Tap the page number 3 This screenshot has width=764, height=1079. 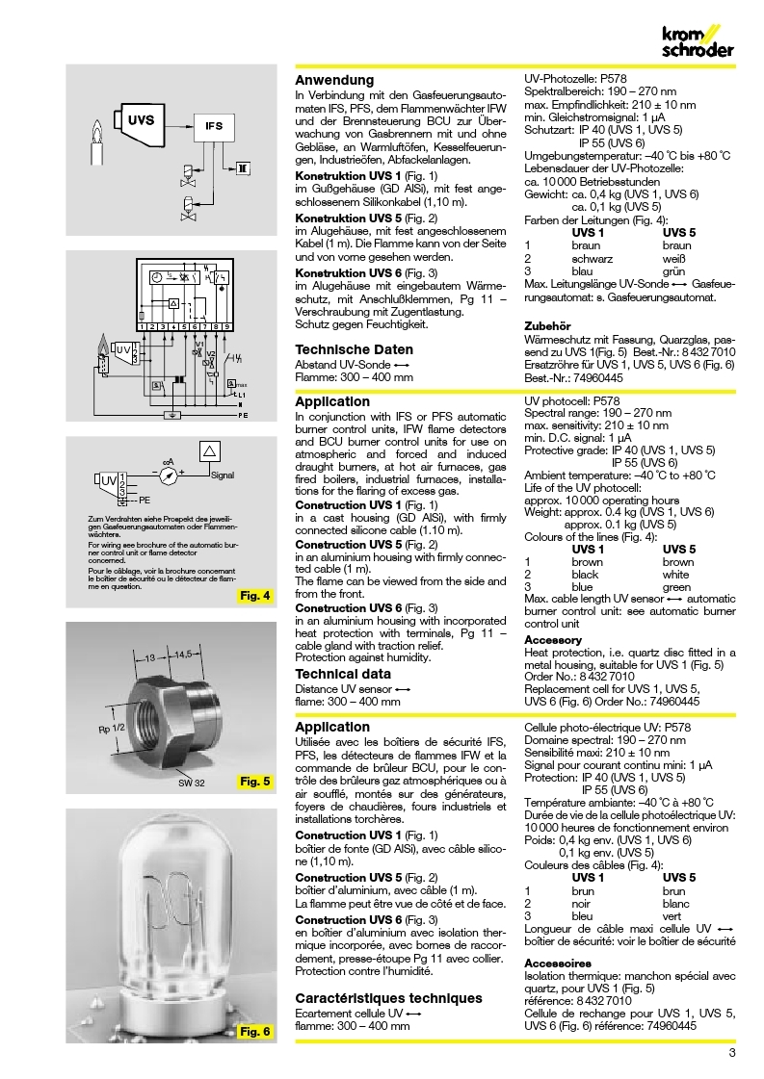(x=732, y=1053)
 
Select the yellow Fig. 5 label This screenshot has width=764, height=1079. (x=254, y=780)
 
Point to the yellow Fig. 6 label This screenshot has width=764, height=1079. (x=254, y=1032)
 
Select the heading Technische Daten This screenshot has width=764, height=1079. (x=354, y=349)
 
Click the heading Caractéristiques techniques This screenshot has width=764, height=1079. (x=387, y=998)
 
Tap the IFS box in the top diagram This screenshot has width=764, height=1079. (x=214, y=125)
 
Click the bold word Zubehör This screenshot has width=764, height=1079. (x=546, y=325)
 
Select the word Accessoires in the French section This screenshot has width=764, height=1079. (x=557, y=963)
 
